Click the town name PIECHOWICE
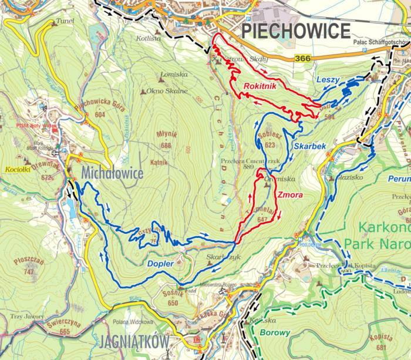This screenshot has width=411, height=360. coord(296,31)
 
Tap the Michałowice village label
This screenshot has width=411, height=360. coord(114,173)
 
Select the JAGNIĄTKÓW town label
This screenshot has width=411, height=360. coord(134,341)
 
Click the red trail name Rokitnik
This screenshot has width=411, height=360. coord(261,85)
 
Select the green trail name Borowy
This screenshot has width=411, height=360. coord(275,332)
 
